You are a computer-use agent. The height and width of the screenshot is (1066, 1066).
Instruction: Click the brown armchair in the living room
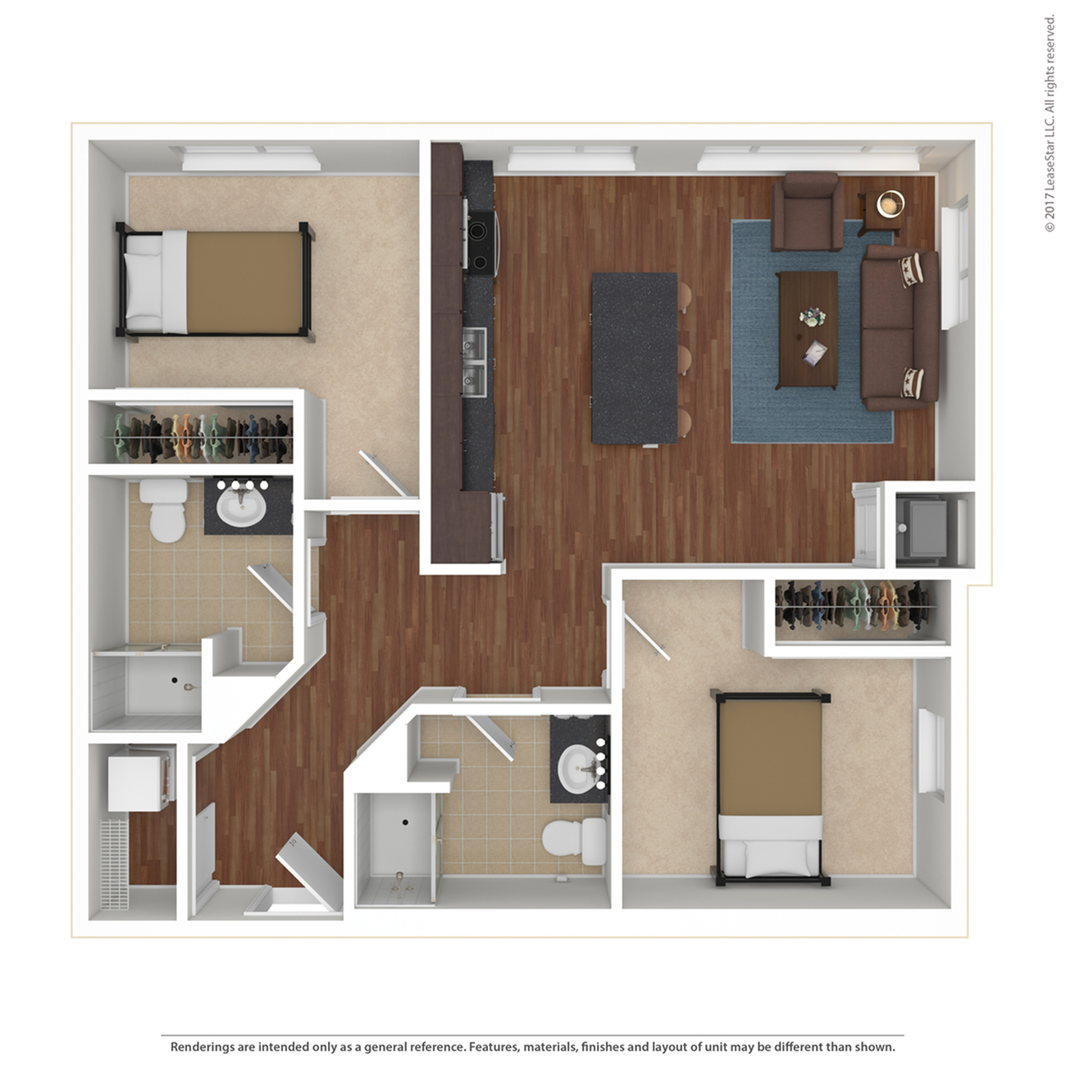pyautogui.click(x=807, y=212)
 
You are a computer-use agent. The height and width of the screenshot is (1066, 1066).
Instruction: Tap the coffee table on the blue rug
pyautogui.click(x=807, y=330)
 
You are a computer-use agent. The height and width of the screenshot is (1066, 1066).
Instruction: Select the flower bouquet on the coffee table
pyautogui.click(x=812, y=317)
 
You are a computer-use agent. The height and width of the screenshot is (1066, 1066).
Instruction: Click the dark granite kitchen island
pyautogui.click(x=635, y=358)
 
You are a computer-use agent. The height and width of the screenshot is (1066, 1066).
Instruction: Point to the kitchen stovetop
pyautogui.click(x=480, y=244)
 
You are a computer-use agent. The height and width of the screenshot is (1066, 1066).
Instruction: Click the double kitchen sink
pyautogui.click(x=474, y=362)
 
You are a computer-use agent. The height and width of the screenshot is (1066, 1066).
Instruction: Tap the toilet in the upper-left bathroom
pyautogui.click(x=164, y=510)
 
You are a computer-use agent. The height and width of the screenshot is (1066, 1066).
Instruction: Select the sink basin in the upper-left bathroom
pyautogui.click(x=240, y=508)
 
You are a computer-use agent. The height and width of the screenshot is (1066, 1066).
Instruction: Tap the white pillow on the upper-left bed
pyautogui.click(x=143, y=285)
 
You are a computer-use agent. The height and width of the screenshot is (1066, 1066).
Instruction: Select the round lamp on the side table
pyautogui.click(x=891, y=204)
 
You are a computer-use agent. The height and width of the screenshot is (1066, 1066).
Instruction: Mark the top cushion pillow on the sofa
pyautogui.click(x=910, y=270)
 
